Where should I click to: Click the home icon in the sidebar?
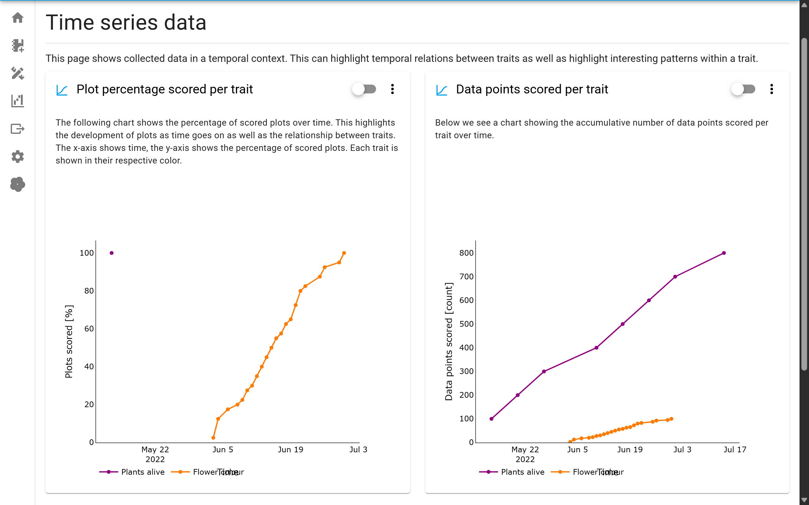click(17, 17)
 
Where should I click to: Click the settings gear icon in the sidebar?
click(17, 156)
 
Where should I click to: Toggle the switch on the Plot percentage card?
click(364, 89)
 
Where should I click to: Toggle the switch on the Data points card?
click(743, 89)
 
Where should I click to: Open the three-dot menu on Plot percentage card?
click(392, 89)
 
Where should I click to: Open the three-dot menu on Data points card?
click(772, 89)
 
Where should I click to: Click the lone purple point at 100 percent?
click(112, 253)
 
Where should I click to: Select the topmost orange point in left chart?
click(344, 253)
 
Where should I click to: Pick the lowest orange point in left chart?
click(213, 437)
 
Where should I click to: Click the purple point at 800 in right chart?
click(724, 253)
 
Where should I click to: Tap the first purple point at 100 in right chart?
click(491, 419)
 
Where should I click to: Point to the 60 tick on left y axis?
click(89, 329)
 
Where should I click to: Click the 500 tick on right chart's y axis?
click(466, 324)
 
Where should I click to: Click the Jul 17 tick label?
click(735, 449)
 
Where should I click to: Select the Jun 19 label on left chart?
click(290, 449)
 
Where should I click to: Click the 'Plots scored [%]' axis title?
click(69, 341)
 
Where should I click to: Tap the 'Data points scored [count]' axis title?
click(449, 341)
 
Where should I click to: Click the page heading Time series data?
click(126, 23)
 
